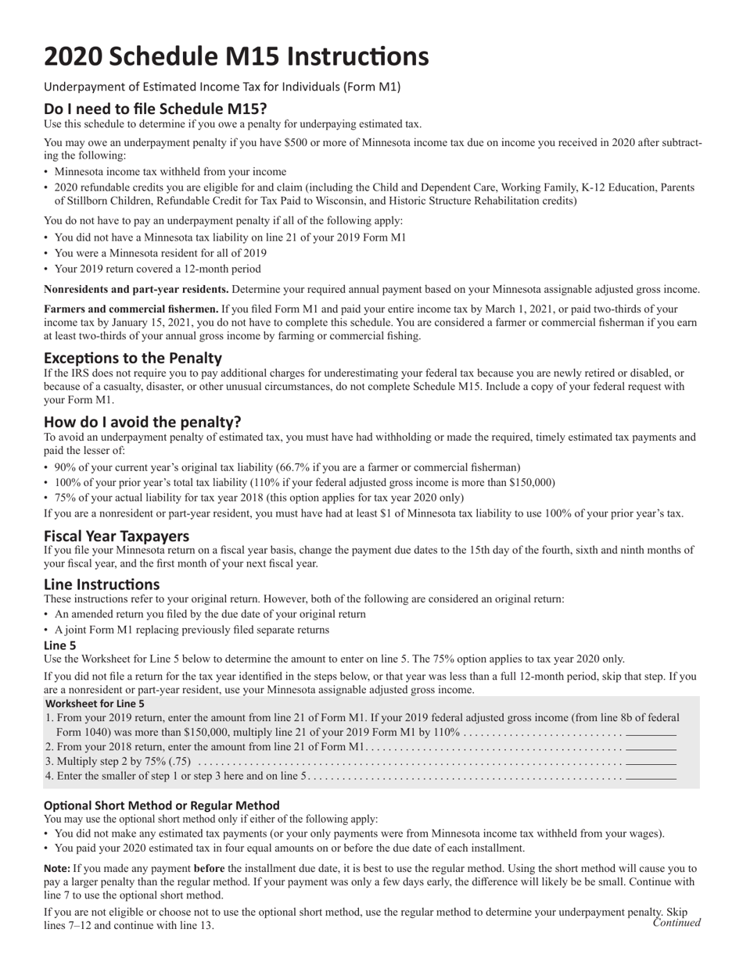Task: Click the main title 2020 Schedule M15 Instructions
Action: (235, 56)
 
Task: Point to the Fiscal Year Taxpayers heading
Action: (117, 536)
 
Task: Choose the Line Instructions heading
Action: (102, 584)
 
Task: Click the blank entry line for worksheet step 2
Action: (651, 748)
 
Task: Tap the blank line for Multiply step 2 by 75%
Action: (651, 762)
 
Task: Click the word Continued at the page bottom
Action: (677, 923)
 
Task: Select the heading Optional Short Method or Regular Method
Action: (161, 806)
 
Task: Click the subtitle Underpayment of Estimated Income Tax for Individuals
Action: (222, 87)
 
